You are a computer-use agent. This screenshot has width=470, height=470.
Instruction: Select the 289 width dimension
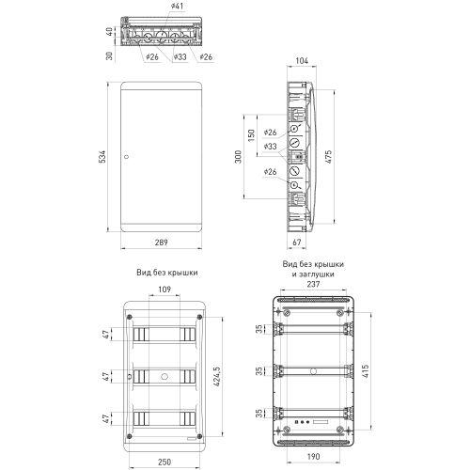(x=163, y=243)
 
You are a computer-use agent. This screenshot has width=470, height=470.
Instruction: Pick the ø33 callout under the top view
(x=180, y=57)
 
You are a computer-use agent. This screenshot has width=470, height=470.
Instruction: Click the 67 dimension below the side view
(x=297, y=243)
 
